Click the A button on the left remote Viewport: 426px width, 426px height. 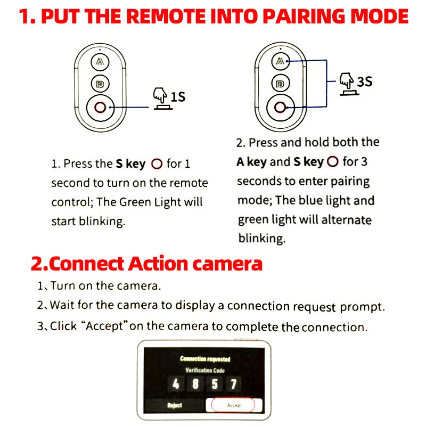[100, 62]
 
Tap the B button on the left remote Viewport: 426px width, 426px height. [100, 84]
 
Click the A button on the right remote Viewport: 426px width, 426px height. [281, 61]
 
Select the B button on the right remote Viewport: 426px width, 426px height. [281, 83]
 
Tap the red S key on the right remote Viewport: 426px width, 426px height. [280, 108]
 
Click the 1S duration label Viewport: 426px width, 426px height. [178, 97]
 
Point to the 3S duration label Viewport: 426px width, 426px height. [365, 81]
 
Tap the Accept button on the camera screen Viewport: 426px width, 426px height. [234, 405]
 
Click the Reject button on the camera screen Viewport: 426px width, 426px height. [175, 405]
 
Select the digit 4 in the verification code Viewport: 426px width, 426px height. [176, 384]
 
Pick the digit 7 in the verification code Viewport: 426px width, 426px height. [233, 384]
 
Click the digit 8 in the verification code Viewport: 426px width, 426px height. [195, 384]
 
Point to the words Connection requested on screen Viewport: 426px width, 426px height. [205, 359]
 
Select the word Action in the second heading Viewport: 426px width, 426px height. [158, 264]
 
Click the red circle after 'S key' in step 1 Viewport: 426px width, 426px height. [157, 164]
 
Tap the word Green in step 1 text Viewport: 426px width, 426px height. [135, 202]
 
